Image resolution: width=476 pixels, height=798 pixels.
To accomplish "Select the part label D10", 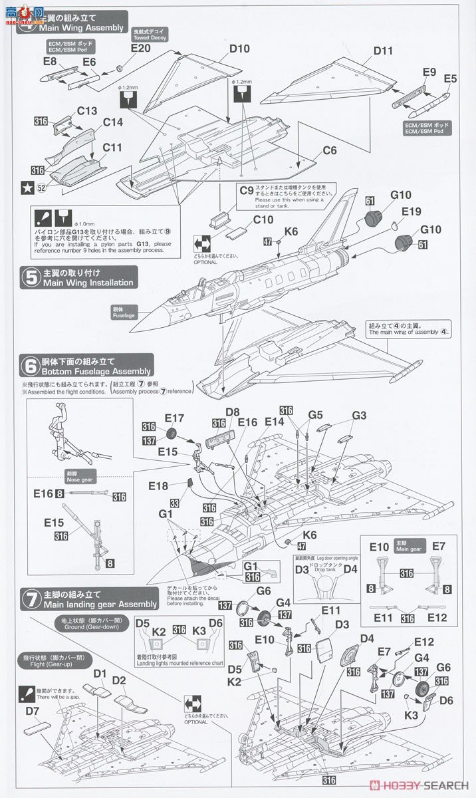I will pos(239,49).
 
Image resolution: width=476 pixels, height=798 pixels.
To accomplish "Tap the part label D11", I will pos(383,51).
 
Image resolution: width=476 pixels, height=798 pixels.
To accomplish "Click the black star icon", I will pos(27,188).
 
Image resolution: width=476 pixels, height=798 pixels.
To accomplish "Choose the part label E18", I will pos(158,486).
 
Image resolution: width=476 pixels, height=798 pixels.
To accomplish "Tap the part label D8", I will pos(232,412).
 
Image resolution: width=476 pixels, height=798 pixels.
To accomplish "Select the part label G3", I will pos(359,416).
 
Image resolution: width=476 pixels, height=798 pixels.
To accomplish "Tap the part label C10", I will pos(263,219).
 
